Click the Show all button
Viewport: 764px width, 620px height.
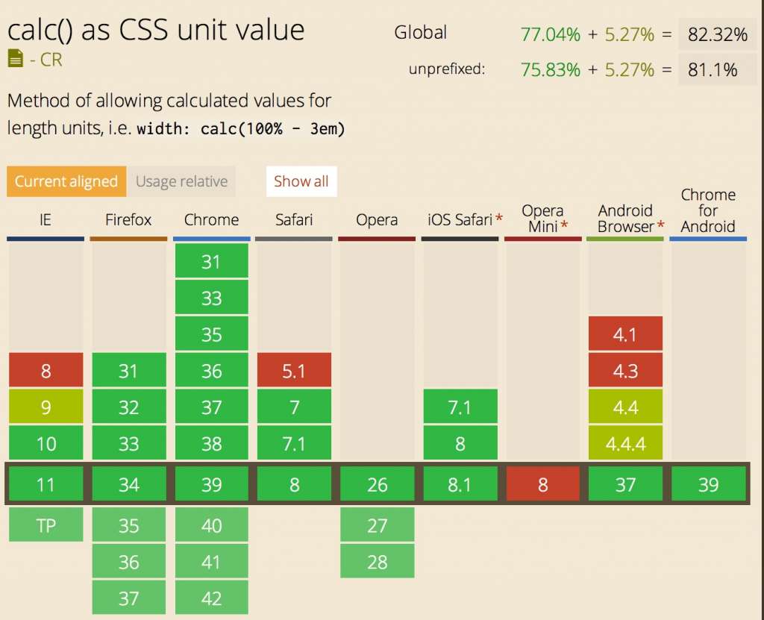(x=301, y=181)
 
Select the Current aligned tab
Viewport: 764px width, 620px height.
(x=66, y=181)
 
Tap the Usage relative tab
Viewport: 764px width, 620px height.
(x=181, y=181)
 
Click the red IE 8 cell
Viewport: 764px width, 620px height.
(x=46, y=371)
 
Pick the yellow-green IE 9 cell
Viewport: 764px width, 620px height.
(x=46, y=407)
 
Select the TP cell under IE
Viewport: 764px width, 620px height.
(x=46, y=525)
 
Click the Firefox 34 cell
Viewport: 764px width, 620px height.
(x=128, y=485)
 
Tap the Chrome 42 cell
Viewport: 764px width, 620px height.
(x=211, y=598)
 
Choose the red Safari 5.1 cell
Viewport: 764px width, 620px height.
(x=294, y=371)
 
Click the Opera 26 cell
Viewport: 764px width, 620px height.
(x=377, y=485)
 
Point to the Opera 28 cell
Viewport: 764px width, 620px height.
(x=377, y=561)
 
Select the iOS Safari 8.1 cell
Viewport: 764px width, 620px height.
(x=460, y=485)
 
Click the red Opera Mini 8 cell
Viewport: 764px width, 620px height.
(x=542, y=485)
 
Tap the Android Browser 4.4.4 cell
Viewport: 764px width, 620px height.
(x=625, y=444)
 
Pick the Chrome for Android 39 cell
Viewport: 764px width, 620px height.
(x=708, y=485)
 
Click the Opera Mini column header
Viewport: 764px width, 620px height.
(x=542, y=218)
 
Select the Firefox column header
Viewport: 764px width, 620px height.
(x=128, y=219)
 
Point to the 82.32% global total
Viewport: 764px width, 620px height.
(x=713, y=34)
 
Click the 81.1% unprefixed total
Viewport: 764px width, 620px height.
(x=713, y=69)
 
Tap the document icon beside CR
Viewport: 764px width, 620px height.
(x=16, y=59)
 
